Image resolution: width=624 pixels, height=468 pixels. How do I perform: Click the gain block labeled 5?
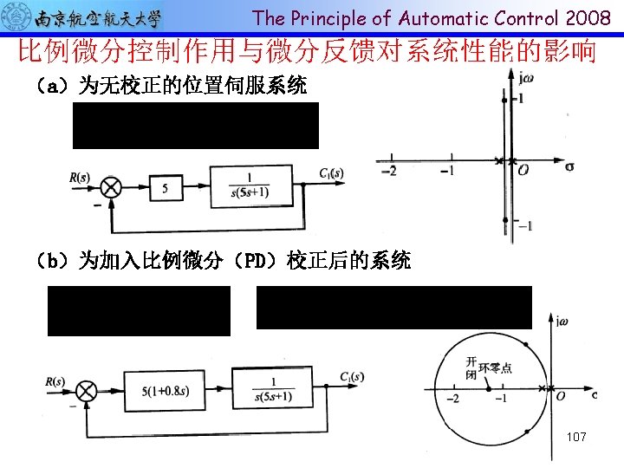point(166,186)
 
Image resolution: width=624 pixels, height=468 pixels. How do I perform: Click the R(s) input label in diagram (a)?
point(80,178)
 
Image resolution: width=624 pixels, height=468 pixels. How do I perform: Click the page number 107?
point(576,437)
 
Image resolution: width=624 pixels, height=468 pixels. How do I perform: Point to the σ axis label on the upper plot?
point(569,165)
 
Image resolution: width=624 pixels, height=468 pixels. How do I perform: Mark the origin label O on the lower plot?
point(561,396)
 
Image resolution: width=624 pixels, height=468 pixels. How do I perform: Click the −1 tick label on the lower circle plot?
point(500,397)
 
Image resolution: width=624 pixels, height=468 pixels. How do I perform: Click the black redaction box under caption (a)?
point(196,126)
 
